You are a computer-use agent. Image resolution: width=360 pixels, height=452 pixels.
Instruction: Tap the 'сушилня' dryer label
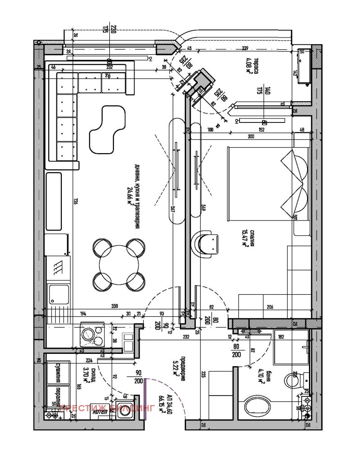[58, 372]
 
